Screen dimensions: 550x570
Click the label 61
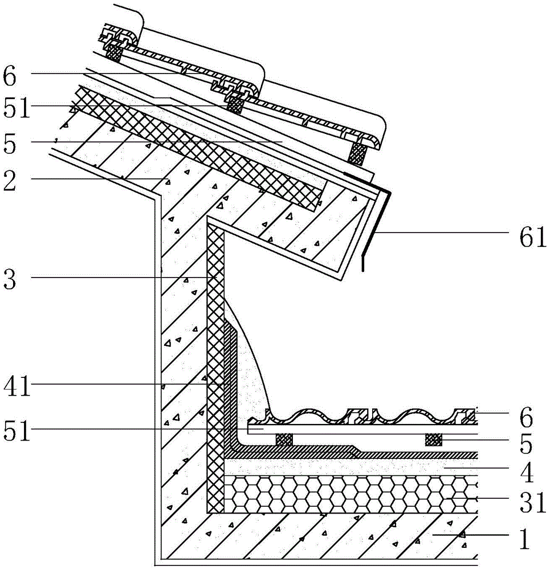click(x=533, y=237)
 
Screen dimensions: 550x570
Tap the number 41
click(x=17, y=386)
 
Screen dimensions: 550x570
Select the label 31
click(x=533, y=502)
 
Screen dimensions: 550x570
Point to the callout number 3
click(x=10, y=279)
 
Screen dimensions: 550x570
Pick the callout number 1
click(x=525, y=539)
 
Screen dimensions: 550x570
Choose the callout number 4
click(x=527, y=472)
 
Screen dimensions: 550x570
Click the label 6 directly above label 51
click(x=10, y=76)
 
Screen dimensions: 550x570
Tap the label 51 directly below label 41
click(x=17, y=430)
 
